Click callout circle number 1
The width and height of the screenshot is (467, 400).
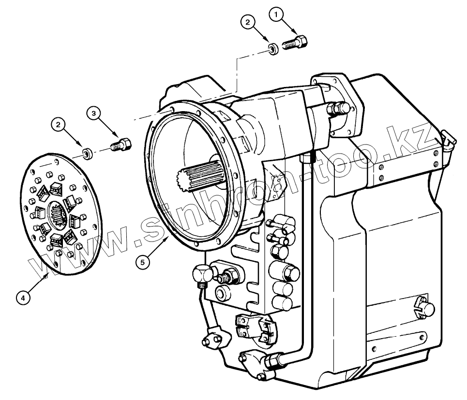[277, 16]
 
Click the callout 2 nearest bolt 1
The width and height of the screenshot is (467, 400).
[247, 22]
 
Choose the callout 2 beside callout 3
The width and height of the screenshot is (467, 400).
[59, 125]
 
